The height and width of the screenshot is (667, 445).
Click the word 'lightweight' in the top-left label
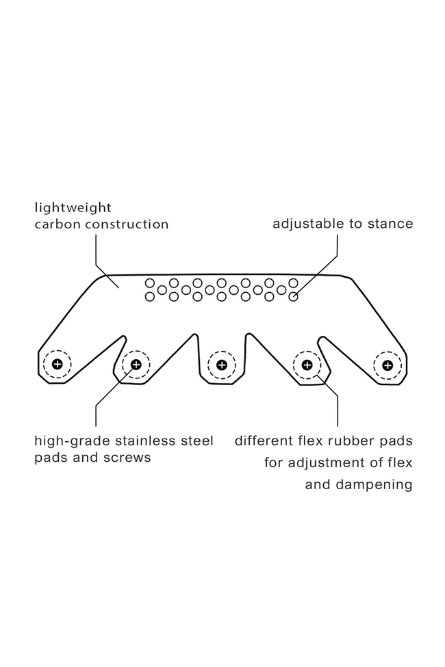tap(73, 207)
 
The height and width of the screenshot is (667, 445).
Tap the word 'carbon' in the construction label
tap(58, 224)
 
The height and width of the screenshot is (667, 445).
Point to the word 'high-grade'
tap(68, 441)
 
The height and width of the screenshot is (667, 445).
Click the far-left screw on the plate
tap(57, 364)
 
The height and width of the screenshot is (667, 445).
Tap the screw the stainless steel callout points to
tap(136, 364)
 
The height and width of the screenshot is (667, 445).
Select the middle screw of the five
tap(221, 365)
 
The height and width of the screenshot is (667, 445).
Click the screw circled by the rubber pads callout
tap(307, 364)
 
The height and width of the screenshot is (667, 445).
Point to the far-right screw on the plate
tap(387, 365)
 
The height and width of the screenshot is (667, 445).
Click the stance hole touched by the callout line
tap(293, 297)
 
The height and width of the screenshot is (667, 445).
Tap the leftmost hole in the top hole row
tap(149, 283)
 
